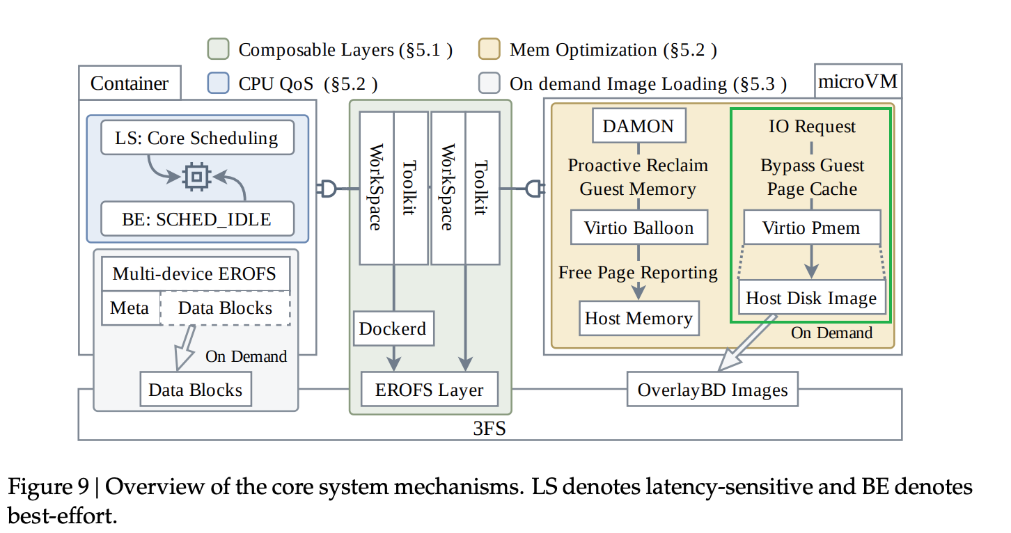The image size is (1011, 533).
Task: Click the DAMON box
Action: [638, 126]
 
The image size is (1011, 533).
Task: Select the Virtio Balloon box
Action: [639, 228]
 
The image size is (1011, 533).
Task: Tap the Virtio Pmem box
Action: [812, 228]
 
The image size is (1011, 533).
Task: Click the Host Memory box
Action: [639, 319]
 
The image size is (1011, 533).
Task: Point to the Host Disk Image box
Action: [812, 297]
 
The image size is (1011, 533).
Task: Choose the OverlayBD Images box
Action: [712, 389]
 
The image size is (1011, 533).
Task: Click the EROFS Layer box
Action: [429, 389]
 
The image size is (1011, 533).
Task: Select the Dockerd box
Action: [393, 328]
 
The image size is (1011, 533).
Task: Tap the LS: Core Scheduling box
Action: [197, 138]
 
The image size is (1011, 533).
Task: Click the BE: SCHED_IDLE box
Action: [197, 218]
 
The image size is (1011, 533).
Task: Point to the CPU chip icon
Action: [196, 177]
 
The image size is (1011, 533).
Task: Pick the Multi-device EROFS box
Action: [196, 273]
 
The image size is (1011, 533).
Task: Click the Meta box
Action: [130, 308]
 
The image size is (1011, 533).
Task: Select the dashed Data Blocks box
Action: [225, 308]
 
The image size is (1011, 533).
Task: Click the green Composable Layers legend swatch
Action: [219, 49]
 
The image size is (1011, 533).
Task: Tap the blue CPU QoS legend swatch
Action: [219, 83]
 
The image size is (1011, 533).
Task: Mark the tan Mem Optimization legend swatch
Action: [489, 49]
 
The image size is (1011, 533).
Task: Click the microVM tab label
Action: [858, 81]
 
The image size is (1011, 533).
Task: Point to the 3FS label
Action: [489, 428]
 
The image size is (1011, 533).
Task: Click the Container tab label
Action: [130, 83]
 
